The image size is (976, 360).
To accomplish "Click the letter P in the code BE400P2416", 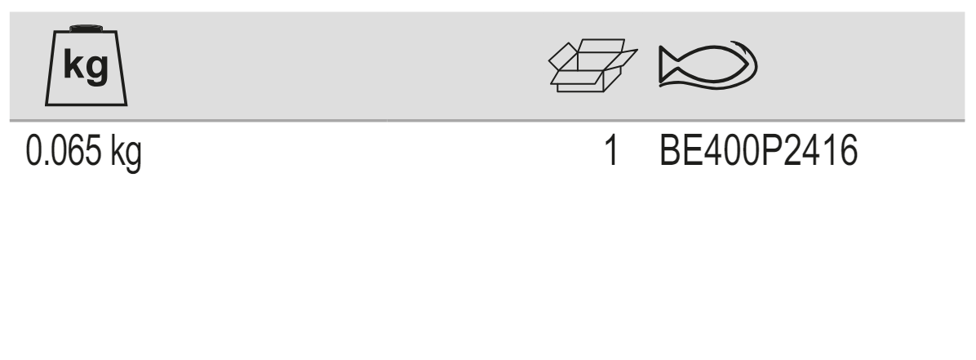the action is click(x=772, y=151).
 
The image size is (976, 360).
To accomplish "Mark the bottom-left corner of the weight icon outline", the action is click(x=46, y=104).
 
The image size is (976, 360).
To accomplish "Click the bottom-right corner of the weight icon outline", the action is click(x=127, y=104).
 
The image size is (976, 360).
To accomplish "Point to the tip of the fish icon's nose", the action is click(x=748, y=64).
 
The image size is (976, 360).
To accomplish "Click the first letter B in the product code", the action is click(x=670, y=151).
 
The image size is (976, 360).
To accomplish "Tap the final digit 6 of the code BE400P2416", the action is click(x=849, y=151).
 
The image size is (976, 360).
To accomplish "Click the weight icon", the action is click(x=86, y=65).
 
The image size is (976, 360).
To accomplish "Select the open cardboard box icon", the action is click(x=592, y=65).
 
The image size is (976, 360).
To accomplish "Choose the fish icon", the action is click(x=708, y=64).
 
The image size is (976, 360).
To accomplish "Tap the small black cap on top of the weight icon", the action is click(x=86, y=28).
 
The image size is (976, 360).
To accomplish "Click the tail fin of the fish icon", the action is click(x=668, y=64).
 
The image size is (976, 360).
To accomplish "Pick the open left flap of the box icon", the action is click(x=563, y=56).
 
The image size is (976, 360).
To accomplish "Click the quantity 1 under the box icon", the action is click(x=613, y=151).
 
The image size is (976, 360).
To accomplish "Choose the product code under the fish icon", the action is click(x=759, y=151).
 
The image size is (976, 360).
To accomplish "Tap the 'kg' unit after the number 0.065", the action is click(x=126, y=153).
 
